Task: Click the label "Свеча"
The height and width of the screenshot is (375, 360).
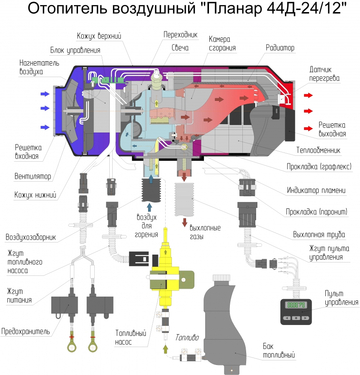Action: [180, 48]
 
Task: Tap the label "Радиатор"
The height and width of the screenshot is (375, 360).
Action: [280, 48]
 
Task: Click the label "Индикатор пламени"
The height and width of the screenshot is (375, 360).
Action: [316, 191]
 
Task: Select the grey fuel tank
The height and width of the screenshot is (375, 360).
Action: [227, 321]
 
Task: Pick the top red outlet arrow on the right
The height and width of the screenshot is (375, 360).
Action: [308, 95]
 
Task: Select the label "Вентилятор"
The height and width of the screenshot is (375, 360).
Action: [33, 177]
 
